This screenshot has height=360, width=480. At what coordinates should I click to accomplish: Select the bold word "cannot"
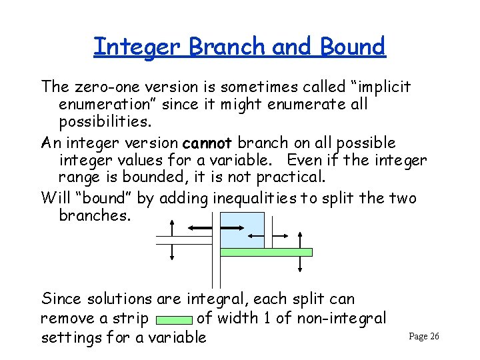coord(206,143)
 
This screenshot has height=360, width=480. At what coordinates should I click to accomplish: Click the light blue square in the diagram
coord(242,230)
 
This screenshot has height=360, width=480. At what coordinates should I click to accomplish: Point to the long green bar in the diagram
coord(267,252)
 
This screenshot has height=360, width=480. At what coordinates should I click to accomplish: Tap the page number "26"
coord(434,337)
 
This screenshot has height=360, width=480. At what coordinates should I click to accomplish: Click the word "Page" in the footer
coord(417,337)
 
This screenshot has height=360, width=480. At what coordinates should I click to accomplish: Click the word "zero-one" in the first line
coord(101,87)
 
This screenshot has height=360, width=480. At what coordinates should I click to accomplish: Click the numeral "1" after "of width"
coord(267,319)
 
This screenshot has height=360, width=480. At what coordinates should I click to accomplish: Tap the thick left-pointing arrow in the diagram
coord(200,228)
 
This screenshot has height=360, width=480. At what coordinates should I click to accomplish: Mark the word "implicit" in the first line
coord(382,87)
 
